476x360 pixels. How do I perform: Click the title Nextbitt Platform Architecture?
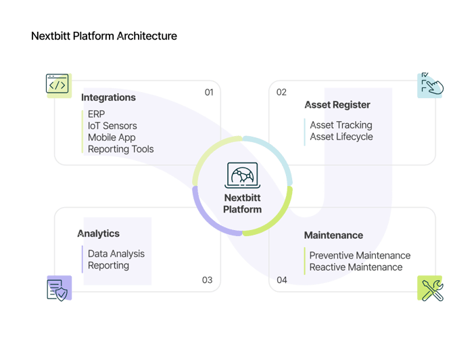[x=104, y=36]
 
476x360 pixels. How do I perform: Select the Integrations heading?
[x=108, y=97]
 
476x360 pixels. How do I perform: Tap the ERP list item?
[x=97, y=114]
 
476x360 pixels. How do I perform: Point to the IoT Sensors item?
[x=112, y=125]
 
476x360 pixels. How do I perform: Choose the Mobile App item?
[x=112, y=137]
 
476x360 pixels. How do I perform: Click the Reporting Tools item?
[x=121, y=149]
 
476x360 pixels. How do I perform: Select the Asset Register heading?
[x=337, y=105]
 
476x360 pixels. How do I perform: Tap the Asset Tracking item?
[x=341, y=125]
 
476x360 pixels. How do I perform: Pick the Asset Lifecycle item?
[x=341, y=137]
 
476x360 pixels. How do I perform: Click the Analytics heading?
[x=98, y=233]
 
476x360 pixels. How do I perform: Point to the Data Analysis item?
[x=116, y=254]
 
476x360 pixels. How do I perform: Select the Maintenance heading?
[x=333, y=235]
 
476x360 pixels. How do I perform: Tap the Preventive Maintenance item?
[x=360, y=255]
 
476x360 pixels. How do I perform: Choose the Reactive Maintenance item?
[x=356, y=267]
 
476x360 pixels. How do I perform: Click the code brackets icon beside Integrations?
[x=59, y=86]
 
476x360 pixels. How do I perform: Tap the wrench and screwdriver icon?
[x=430, y=288]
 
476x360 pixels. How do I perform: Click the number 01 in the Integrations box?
[x=209, y=92]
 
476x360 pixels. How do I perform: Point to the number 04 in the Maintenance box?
[x=281, y=280]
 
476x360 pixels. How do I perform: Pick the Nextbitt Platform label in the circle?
[x=243, y=203]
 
